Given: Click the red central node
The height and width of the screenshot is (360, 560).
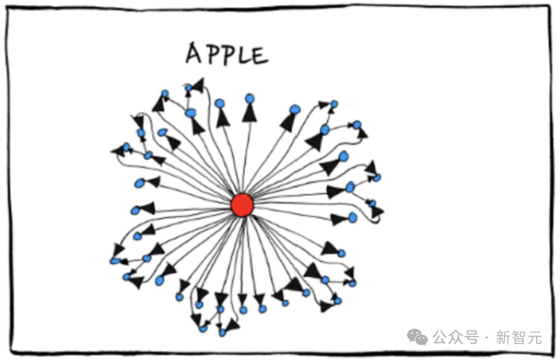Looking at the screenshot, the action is (x=242, y=205).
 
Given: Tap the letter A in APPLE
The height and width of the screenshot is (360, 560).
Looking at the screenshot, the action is (x=194, y=53).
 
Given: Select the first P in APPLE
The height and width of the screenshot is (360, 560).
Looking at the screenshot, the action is (x=211, y=54).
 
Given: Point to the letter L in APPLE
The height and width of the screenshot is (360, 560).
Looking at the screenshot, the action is (x=243, y=56).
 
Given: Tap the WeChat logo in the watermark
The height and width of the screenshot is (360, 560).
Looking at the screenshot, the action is (x=417, y=337).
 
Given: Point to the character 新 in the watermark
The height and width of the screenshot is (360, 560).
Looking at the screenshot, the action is (x=503, y=337).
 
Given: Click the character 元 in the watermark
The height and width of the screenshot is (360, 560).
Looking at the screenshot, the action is (x=534, y=337).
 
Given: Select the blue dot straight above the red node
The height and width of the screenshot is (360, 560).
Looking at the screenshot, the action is (x=249, y=99).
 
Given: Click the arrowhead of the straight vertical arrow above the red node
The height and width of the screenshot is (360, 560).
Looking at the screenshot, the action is (x=249, y=114).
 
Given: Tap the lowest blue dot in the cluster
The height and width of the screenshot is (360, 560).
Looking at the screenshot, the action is (x=222, y=333).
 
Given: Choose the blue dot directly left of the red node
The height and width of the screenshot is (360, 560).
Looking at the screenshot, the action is (x=135, y=211).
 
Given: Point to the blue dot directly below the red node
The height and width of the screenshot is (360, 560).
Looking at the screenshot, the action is (x=244, y=310).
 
